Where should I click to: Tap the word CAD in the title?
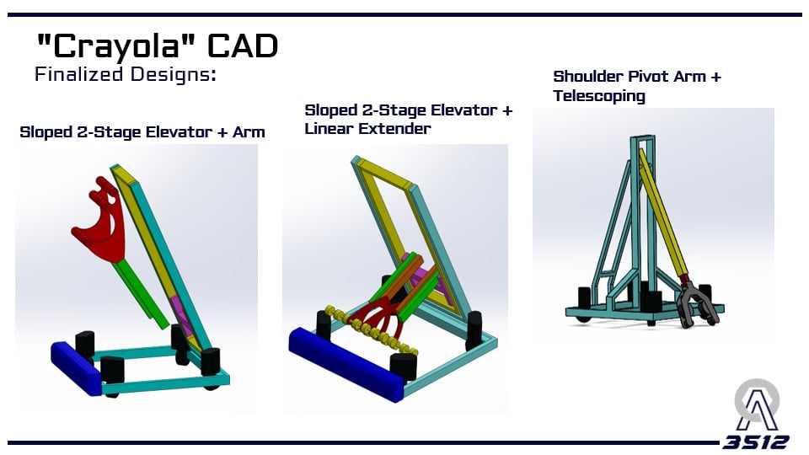[243, 45]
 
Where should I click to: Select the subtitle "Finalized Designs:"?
[126, 74]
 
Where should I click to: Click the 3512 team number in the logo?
[756, 442]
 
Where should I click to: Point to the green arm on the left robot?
[139, 294]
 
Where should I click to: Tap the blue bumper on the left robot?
[77, 368]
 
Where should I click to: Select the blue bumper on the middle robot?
[346, 364]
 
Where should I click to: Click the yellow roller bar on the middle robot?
[372, 332]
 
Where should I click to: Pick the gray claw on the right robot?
[697, 304]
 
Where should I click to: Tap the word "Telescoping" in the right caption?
[599, 96]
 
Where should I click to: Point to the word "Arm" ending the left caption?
[249, 132]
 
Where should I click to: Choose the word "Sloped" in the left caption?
[46, 132]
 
